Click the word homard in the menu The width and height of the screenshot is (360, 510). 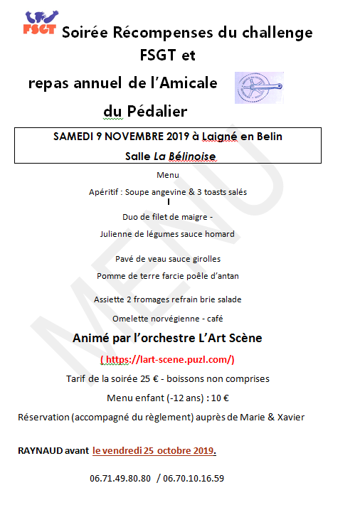pos(218,233)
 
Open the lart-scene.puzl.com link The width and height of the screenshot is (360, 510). pos(169,359)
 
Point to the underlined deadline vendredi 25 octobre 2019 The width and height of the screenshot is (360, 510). pos(154,450)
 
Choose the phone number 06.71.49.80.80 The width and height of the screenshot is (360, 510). pos(120,478)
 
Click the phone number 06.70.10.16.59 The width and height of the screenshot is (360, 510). pos(194,478)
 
